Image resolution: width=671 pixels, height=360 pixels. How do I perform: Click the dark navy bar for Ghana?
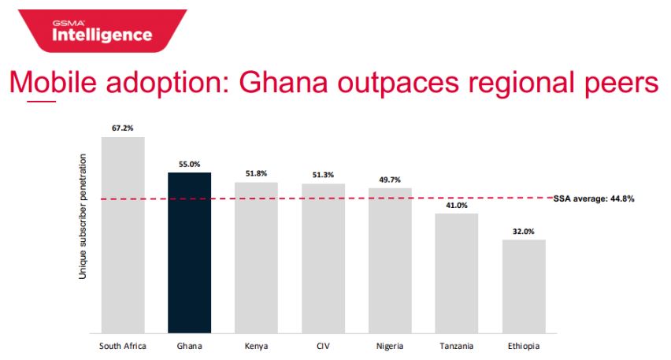[190, 252]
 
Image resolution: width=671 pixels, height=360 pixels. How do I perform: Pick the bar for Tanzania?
[457, 273]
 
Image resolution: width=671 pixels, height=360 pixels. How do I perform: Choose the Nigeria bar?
[390, 260]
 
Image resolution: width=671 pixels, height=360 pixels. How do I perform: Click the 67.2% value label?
[123, 126]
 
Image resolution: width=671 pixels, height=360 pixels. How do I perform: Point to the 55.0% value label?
[190, 164]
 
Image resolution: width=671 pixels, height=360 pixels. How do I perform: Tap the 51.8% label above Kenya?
[257, 173]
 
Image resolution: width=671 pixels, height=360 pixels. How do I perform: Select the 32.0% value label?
[524, 232]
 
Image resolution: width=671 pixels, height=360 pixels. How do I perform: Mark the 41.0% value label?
[457, 205]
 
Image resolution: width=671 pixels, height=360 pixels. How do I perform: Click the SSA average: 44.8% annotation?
[594, 199]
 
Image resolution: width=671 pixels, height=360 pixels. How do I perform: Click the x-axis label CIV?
[323, 345]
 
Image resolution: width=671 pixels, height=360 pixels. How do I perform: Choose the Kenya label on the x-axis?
[257, 345]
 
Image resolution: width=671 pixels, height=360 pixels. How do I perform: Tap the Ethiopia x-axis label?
[524, 345]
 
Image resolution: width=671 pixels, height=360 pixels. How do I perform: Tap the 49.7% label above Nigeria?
[390, 180]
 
